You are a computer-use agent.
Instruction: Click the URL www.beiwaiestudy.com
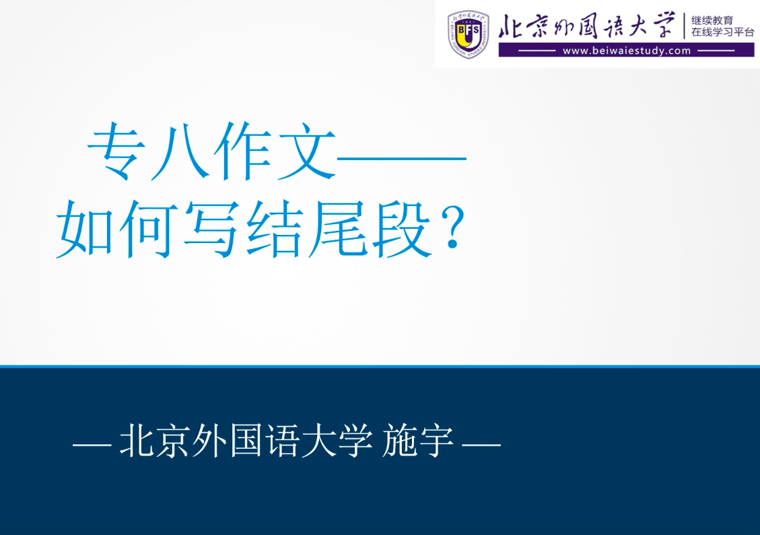coord(626,50)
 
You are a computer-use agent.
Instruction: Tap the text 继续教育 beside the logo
coord(712,20)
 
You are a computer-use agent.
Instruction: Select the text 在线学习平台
coord(723,32)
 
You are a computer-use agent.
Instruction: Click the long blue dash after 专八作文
coord(401,158)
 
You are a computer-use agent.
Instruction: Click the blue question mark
coord(452,229)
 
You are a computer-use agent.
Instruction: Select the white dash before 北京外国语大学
coord(92,444)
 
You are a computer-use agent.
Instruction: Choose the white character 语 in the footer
coord(283,441)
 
